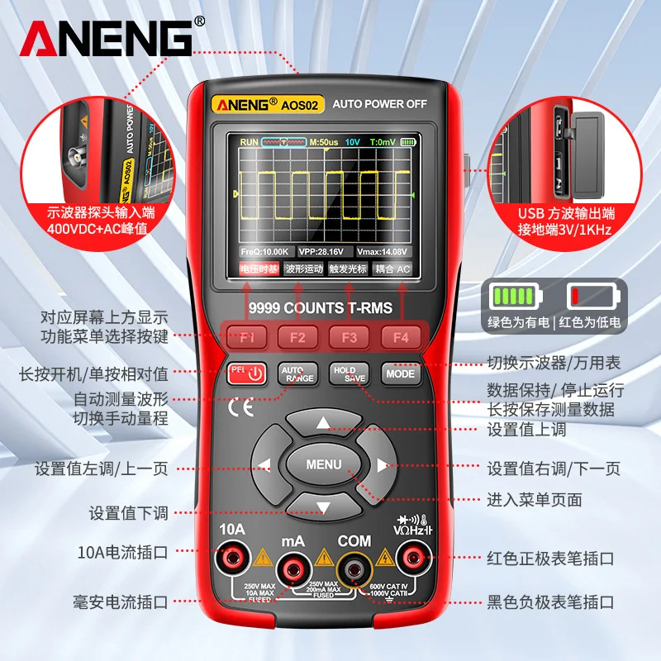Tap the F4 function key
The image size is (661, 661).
tap(400, 337)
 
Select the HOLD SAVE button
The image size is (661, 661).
tap(349, 373)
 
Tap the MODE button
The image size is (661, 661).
tap(399, 373)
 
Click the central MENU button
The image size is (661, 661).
tap(323, 464)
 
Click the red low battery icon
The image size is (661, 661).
tap(592, 296)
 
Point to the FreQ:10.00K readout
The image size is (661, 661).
tap(264, 251)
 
